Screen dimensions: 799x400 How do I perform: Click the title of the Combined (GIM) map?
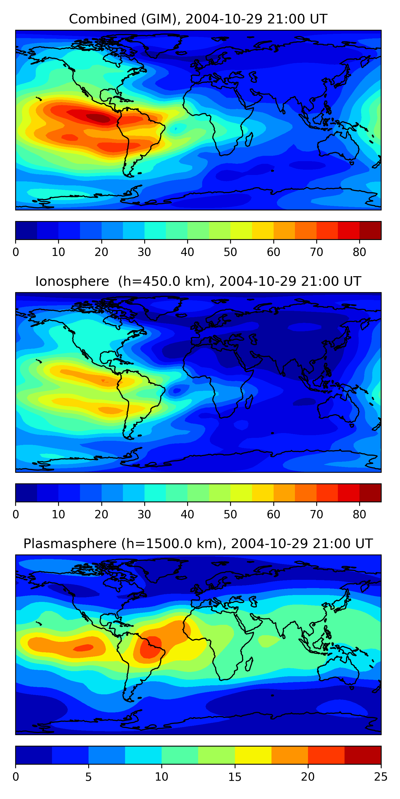198,19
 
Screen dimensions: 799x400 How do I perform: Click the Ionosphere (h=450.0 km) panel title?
198,281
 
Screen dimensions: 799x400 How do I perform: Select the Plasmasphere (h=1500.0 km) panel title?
198,544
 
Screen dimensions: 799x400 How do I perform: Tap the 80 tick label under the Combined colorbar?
359,252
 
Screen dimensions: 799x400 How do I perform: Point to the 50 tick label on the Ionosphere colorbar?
230,514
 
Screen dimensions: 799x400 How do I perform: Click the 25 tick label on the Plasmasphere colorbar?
381,777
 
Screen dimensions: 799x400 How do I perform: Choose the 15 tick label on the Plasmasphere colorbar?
235,777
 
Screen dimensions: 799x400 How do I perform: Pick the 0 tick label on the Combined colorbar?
16,252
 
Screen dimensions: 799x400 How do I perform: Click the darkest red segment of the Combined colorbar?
370,230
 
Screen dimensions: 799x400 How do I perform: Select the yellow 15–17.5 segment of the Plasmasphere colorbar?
253,755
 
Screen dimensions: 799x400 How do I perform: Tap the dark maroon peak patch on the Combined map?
98,118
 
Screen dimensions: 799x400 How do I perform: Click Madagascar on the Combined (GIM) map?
249,139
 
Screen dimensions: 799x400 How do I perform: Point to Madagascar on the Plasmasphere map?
249,664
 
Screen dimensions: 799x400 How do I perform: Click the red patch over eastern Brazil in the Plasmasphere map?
151,647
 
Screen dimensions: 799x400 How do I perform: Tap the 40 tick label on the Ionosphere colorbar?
187,514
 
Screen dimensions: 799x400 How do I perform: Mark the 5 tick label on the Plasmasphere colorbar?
89,777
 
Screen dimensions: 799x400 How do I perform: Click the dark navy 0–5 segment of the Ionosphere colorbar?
26,492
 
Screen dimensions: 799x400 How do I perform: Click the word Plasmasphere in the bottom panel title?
70,544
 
